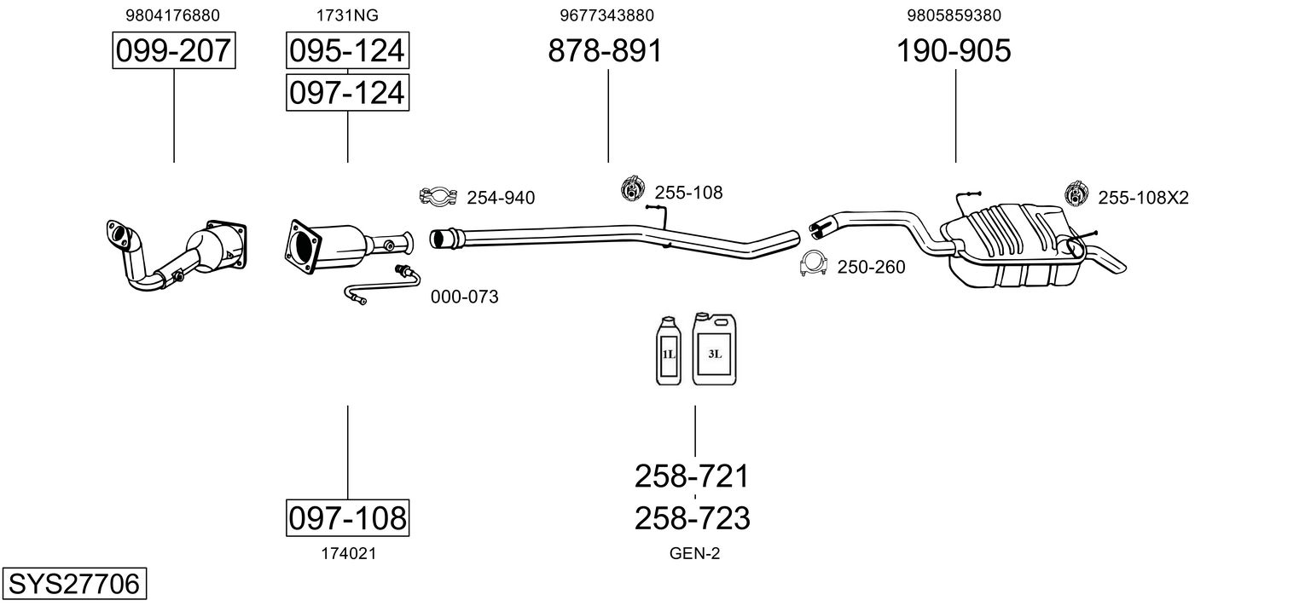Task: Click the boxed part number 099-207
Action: click(x=173, y=51)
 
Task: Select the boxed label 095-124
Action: click(x=346, y=51)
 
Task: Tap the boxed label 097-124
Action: click(x=346, y=92)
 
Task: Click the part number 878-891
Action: click(x=605, y=51)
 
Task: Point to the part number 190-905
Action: click(x=954, y=51)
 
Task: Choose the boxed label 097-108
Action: click(x=346, y=517)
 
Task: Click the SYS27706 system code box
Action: click(x=72, y=585)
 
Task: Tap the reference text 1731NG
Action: click(x=347, y=15)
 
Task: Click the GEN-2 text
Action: click(x=694, y=554)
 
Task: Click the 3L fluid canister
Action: click(x=714, y=349)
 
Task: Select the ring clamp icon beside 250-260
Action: click(x=813, y=265)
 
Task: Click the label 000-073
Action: click(x=464, y=297)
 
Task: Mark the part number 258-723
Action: click(x=692, y=518)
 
